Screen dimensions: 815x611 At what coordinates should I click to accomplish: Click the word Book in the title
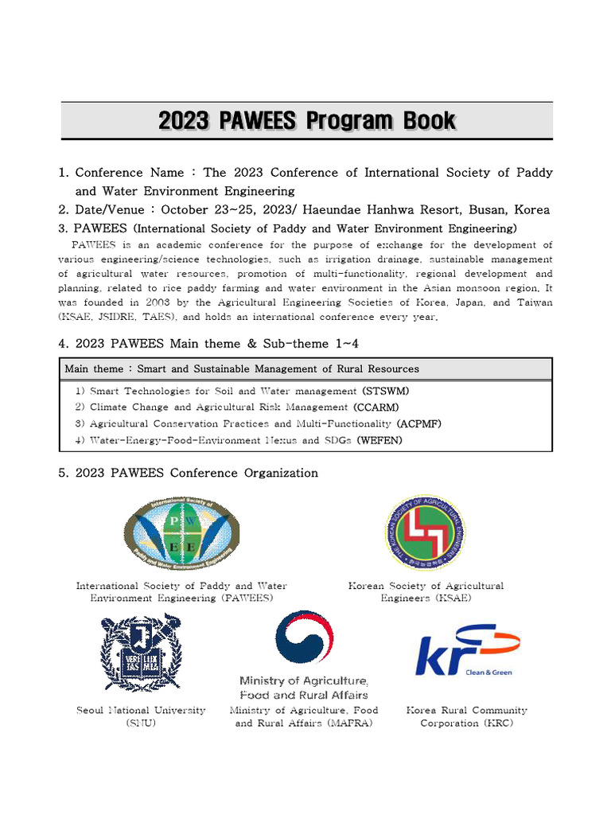428,121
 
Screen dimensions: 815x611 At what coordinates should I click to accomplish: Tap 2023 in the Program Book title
184,121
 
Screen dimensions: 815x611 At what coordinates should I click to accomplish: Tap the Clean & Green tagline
488,672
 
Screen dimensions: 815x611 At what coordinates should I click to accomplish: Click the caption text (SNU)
141,723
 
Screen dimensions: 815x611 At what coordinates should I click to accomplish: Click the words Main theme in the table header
94,369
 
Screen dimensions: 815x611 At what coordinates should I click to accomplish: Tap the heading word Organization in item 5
281,473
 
